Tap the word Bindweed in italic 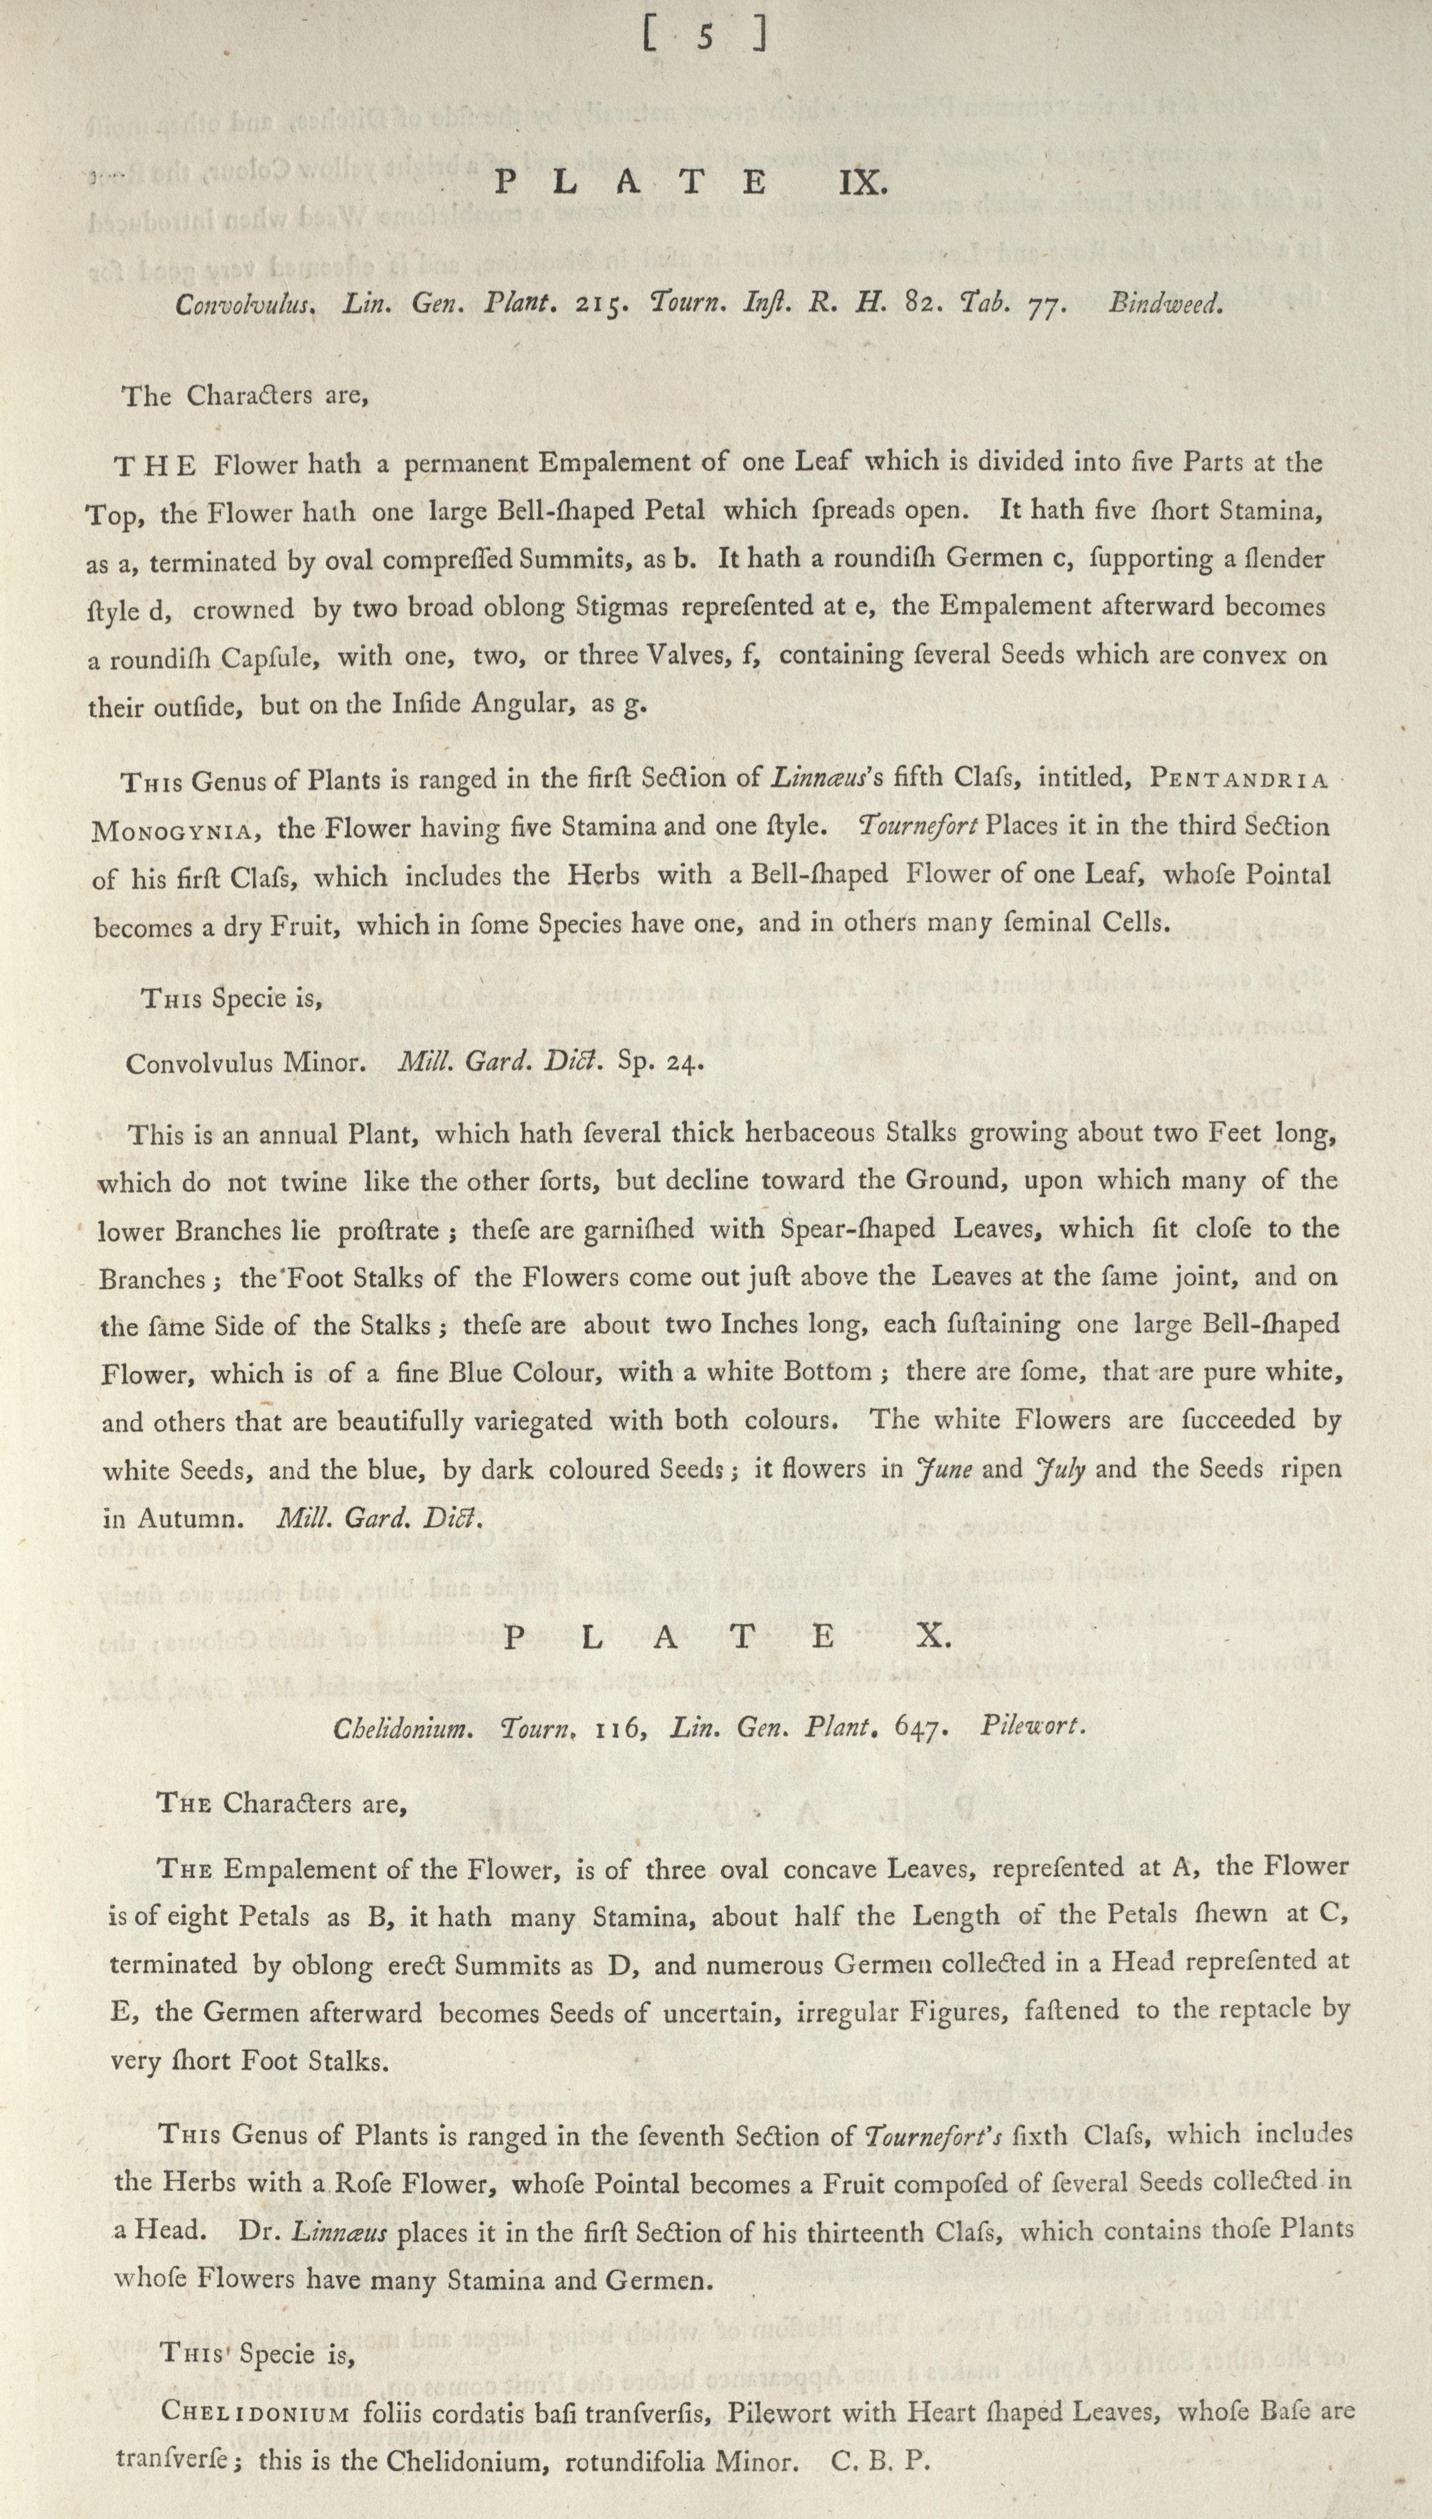click(1166, 305)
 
